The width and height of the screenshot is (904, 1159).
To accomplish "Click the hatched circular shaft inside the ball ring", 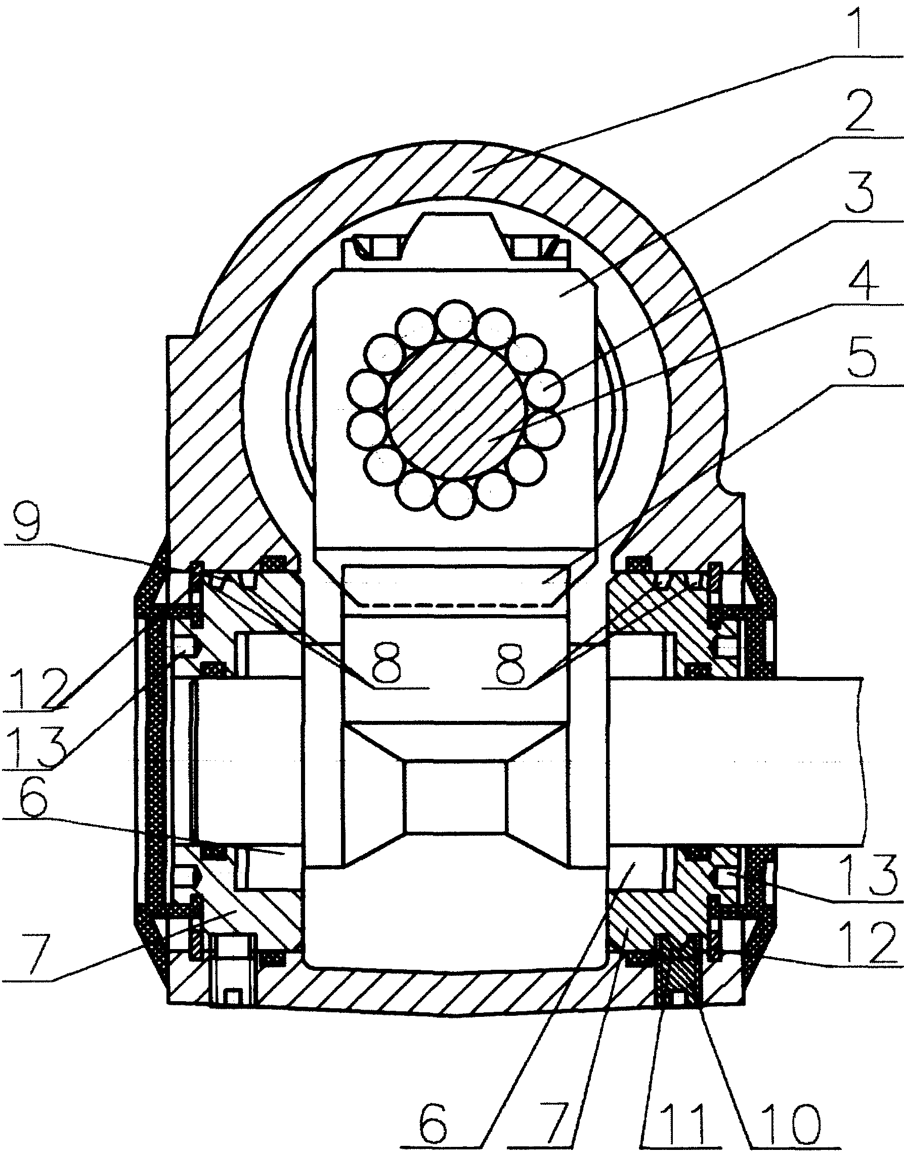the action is [x=456, y=409].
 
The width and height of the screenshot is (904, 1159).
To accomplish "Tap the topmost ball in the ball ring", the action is [x=456, y=318].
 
